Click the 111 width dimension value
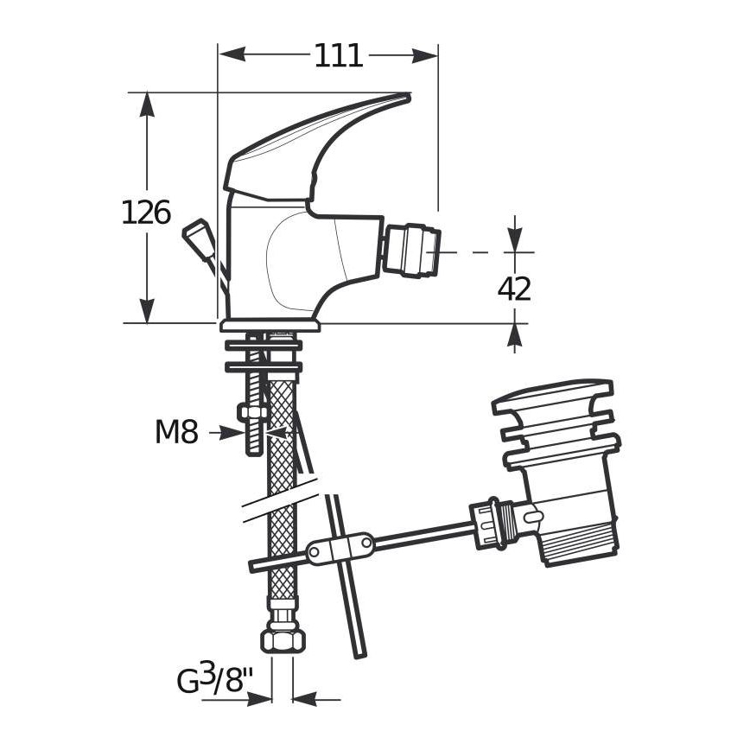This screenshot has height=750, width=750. tap(338, 55)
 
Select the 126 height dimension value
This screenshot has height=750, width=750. tap(145, 212)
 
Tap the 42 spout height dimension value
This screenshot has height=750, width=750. tap(515, 289)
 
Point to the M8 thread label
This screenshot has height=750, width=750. tap(176, 432)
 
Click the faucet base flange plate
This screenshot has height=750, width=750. tap(270, 326)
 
